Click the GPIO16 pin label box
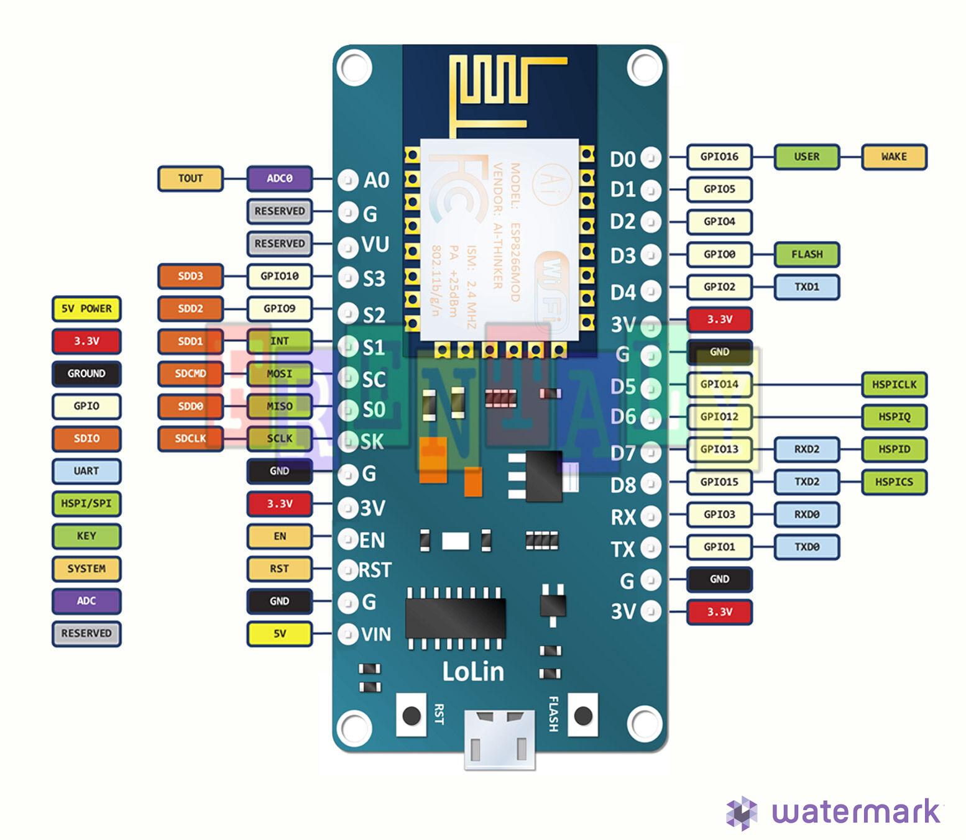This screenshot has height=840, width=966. (719, 157)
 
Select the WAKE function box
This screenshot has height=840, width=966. (893, 157)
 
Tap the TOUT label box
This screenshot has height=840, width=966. (190, 179)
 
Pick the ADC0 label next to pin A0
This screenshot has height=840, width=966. (279, 179)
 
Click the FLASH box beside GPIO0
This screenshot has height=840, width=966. (806, 255)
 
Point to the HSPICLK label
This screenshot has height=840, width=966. (893, 385)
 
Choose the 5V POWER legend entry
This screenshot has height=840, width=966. (86, 309)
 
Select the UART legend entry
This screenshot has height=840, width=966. (86, 471)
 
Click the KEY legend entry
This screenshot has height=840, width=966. (86, 536)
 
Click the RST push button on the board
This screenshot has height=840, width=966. (412, 716)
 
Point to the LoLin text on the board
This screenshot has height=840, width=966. (472, 672)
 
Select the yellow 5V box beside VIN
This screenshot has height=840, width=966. (279, 634)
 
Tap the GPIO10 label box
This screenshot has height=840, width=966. (279, 276)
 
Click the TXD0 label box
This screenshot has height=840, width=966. (806, 547)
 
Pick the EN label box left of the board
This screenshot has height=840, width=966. (279, 536)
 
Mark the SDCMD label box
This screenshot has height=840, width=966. (190, 374)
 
